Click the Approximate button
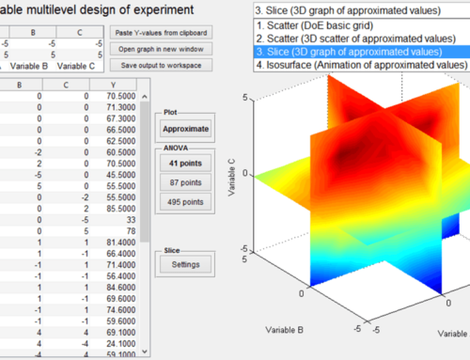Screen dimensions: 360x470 pos(184,128)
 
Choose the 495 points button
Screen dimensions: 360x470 pos(184,201)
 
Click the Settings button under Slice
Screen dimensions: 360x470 pos(184,264)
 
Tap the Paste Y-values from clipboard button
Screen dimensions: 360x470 pos(166,31)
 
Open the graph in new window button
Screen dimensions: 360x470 pos(166,48)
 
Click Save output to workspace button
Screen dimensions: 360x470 pos(166,65)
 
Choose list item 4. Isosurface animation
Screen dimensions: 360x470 pos(362,66)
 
